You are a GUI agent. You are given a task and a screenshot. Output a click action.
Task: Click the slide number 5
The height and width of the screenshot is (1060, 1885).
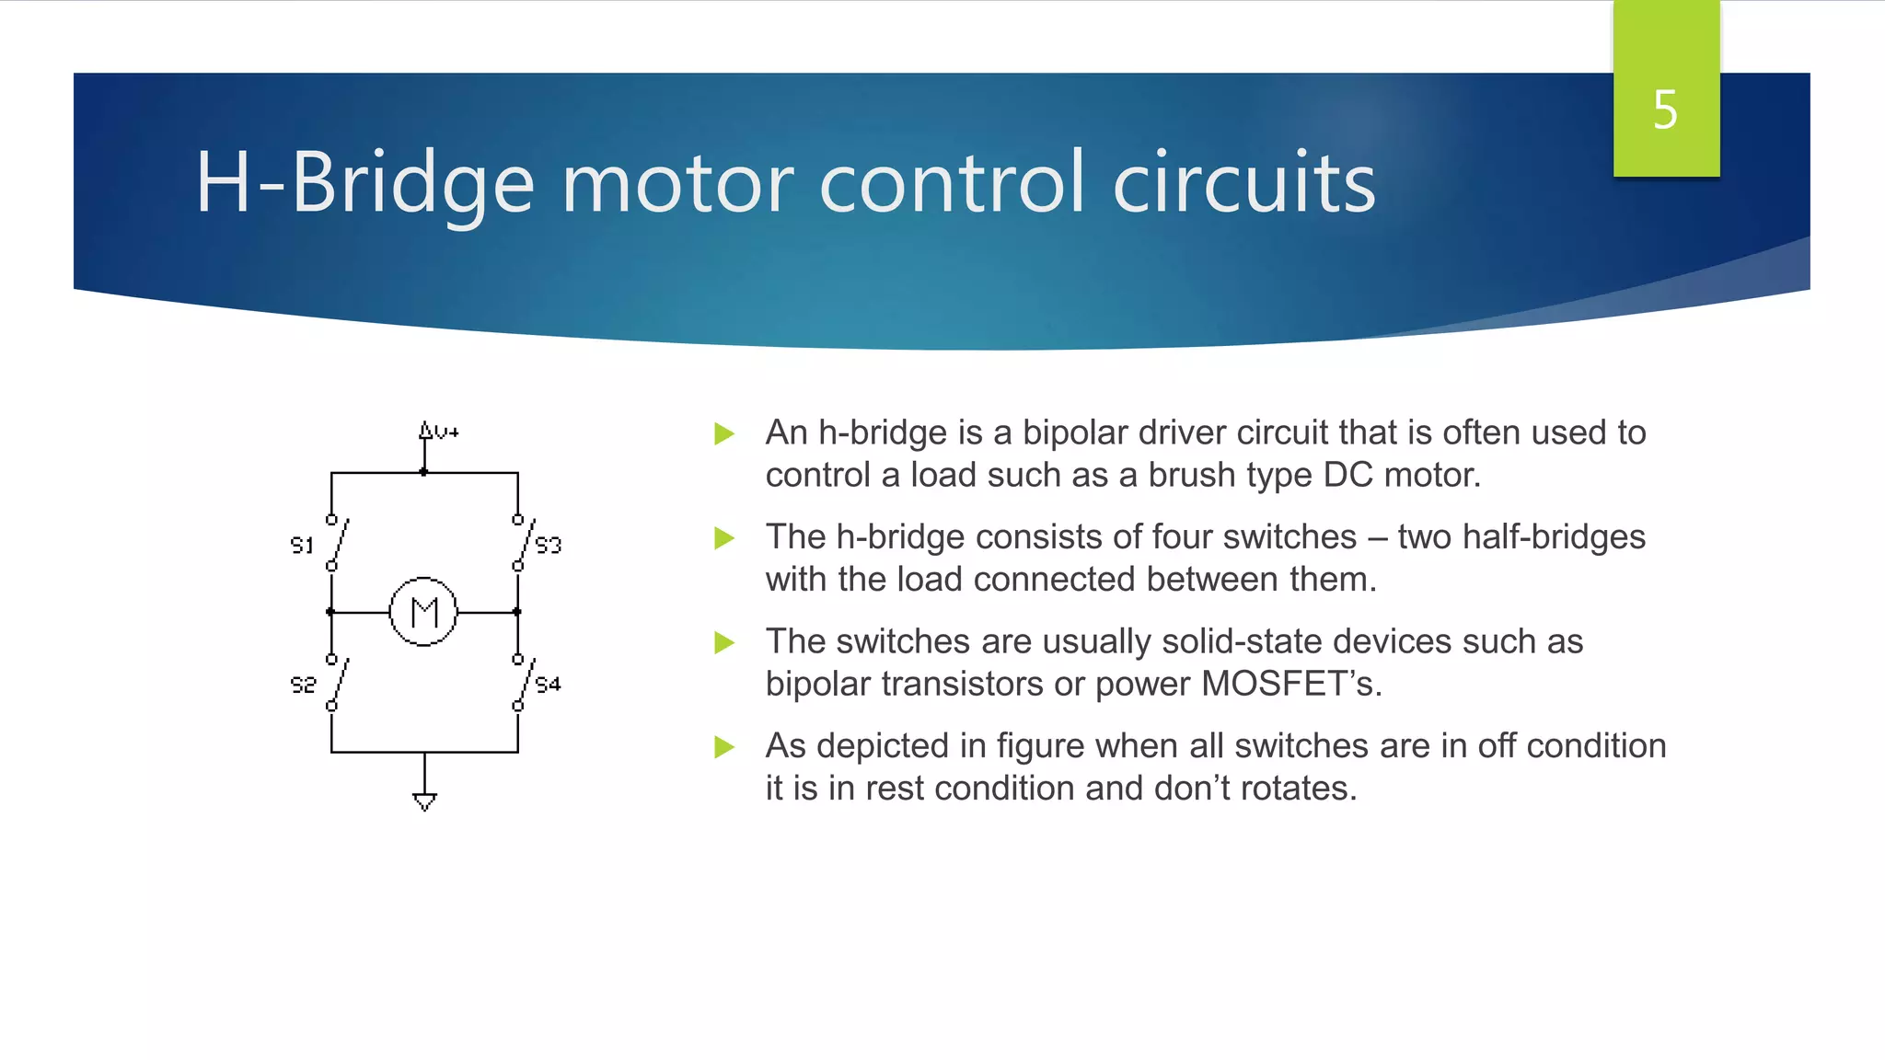coord(1665,110)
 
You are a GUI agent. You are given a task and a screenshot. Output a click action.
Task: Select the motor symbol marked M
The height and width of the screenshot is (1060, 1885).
coord(423,612)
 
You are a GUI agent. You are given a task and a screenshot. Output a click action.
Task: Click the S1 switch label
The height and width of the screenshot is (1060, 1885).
coord(302,545)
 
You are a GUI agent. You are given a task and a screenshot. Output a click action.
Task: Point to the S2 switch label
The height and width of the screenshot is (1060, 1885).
coord(303,684)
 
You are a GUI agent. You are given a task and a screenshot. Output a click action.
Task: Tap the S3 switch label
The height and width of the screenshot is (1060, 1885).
coord(549,545)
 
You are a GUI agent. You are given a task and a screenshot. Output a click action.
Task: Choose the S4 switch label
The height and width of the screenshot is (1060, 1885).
coord(549,684)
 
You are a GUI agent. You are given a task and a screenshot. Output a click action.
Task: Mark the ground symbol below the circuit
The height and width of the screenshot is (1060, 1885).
coord(424,801)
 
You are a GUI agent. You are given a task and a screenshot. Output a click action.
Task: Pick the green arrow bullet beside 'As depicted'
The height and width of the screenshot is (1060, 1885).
coord(724,746)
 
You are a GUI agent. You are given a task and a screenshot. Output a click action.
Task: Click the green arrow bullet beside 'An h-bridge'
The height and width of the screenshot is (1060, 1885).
coord(724,433)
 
